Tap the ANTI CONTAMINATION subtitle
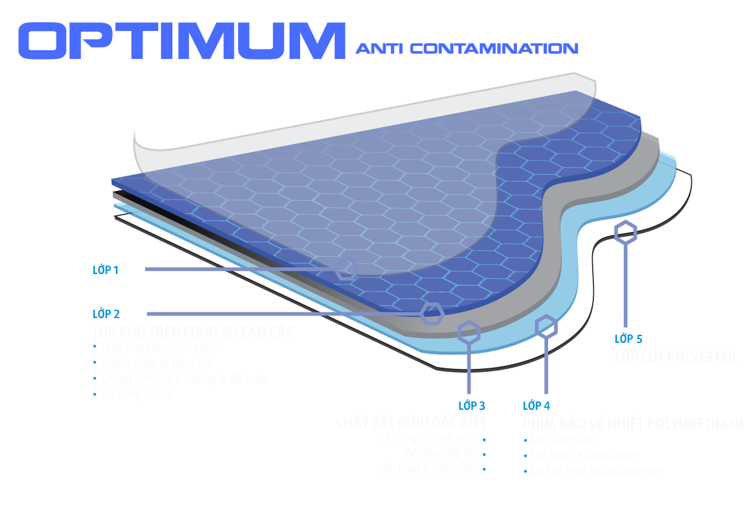click(467, 48)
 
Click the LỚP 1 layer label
click(105, 269)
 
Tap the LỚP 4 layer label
click(536, 405)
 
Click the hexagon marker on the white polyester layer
click(626, 232)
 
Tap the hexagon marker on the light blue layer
click(546, 326)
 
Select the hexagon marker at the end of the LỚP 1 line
click(346, 269)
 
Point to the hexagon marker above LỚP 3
click(469, 332)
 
